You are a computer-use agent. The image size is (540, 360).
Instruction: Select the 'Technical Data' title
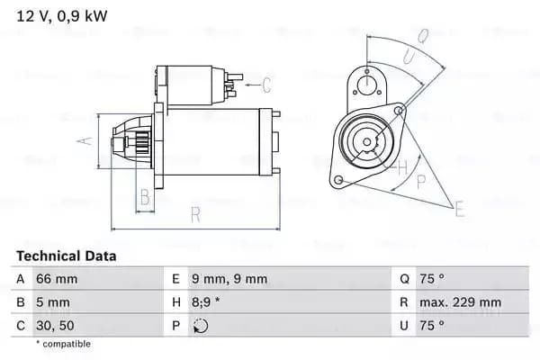[x=67, y=256]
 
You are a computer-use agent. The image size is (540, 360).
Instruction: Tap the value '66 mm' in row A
[x=56, y=279]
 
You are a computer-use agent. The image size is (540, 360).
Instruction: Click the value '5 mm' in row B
[x=51, y=303]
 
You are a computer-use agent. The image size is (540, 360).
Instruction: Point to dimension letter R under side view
[x=194, y=214]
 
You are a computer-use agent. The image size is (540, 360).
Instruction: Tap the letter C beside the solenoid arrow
[x=266, y=86]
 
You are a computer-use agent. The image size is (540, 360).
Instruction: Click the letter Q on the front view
[x=422, y=37]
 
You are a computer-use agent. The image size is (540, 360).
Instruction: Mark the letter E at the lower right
[x=460, y=210]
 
